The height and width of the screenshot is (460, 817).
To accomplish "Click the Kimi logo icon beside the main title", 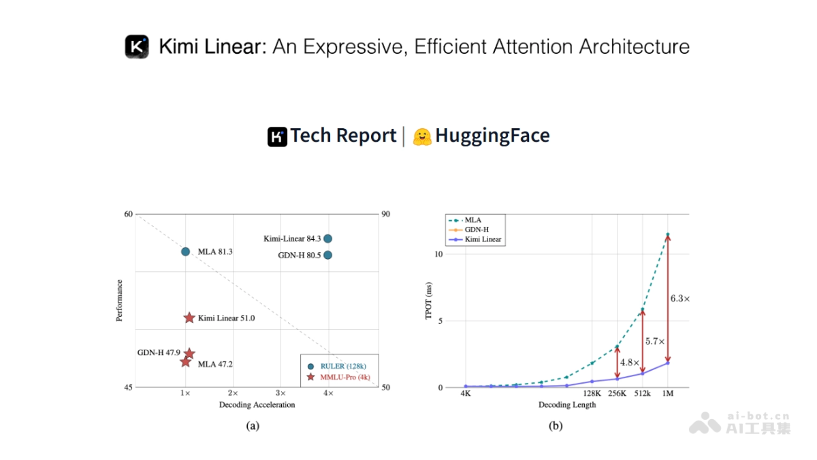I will [x=137, y=46].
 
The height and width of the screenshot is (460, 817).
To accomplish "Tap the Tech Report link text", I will [x=343, y=136].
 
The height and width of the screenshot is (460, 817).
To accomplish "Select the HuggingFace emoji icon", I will [x=423, y=136].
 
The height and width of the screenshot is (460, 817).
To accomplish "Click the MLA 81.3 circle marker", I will [x=185, y=251].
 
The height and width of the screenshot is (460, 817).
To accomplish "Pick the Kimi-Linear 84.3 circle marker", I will [x=327, y=239].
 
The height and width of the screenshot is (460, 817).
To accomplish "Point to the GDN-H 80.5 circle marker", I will [x=327, y=255].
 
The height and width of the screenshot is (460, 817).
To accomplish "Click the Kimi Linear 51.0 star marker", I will [x=189, y=318].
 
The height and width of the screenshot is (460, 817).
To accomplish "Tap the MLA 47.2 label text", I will [x=215, y=365].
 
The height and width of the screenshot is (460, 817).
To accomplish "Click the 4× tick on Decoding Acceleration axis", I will [x=327, y=394].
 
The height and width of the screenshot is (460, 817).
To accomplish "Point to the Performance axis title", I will [x=120, y=301].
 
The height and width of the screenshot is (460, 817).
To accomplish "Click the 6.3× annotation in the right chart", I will [x=679, y=298].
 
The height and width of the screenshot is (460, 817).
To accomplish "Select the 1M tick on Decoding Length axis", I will [x=668, y=394].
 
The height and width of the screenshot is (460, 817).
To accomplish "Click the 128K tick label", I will [x=592, y=394].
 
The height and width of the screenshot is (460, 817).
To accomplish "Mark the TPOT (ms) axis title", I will [x=429, y=301].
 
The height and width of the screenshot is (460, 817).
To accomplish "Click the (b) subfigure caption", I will [x=556, y=427].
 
